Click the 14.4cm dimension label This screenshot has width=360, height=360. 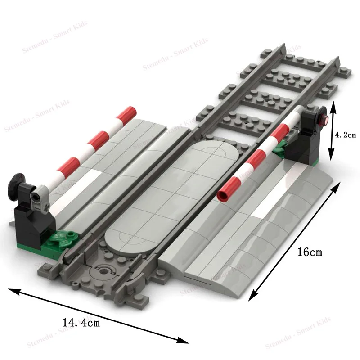point(81,322)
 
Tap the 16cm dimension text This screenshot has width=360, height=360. point(310,252)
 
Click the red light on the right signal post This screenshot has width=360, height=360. point(323,120)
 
